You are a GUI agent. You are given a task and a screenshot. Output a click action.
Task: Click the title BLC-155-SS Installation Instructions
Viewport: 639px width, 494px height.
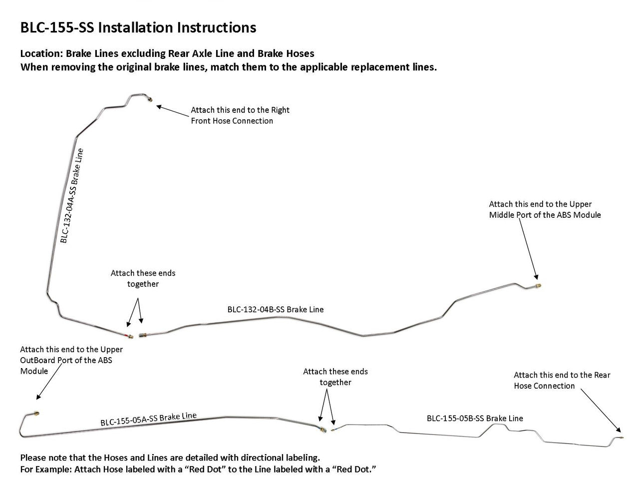(138, 27)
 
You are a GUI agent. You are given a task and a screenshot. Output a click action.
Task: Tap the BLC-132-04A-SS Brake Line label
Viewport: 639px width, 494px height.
(72, 196)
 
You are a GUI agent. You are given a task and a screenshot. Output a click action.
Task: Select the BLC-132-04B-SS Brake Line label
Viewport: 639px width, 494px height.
(275, 309)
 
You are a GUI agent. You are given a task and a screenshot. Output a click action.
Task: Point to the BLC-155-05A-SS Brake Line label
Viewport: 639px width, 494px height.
(148, 419)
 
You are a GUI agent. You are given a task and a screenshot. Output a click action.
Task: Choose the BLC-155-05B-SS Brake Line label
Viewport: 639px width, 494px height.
(475, 418)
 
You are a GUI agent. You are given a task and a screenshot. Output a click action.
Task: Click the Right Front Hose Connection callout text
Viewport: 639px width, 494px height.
(240, 115)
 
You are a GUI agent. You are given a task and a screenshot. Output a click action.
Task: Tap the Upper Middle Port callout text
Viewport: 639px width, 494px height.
(545, 209)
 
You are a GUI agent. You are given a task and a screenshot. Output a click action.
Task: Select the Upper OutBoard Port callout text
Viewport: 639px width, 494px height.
(71, 360)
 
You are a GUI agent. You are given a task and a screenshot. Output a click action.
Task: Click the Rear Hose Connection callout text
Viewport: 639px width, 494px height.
(562, 380)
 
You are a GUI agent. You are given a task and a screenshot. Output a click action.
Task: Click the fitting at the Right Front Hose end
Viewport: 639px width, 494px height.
(150, 99)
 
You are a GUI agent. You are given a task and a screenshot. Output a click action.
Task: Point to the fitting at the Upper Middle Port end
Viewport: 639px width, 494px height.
(538, 286)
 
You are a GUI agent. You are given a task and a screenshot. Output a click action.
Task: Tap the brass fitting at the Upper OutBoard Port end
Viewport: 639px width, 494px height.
(36, 414)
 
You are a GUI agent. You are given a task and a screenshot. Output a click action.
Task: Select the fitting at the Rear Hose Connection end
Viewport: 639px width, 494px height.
(621, 438)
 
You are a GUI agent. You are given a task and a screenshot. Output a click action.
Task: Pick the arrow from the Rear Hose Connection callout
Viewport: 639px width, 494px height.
(601, 411)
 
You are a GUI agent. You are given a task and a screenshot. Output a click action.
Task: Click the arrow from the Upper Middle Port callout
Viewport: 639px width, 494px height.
(528, 249)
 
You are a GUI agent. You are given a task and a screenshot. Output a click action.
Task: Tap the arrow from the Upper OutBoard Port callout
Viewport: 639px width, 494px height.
(49, 382)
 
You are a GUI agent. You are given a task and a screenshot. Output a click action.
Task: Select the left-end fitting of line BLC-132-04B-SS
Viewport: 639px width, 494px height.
(143, 335)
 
